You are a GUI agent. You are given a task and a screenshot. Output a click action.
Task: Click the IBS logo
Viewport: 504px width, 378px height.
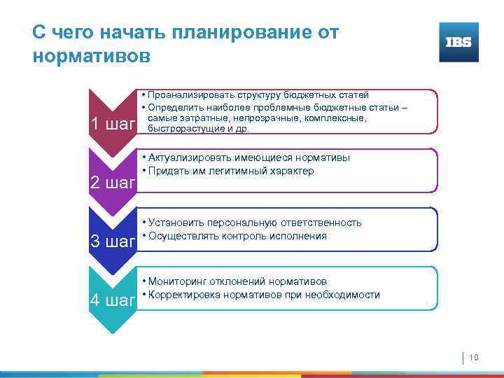click(458, 42)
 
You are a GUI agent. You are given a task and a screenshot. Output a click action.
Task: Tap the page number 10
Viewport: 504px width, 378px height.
click(473, 358)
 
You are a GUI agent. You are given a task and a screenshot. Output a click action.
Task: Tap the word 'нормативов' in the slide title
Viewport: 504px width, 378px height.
click(91, 55)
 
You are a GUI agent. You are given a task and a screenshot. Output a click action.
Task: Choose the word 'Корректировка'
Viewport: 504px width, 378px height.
click(180, 295)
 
